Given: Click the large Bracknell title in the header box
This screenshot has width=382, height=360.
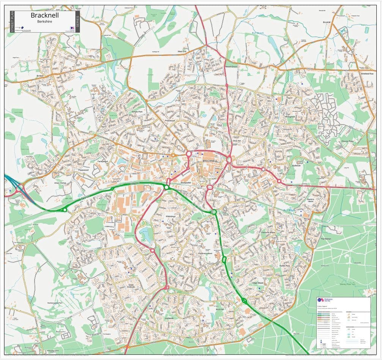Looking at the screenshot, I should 43,15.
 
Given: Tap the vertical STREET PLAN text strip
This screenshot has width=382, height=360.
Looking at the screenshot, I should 12,22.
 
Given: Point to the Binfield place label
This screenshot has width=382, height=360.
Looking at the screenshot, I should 40,76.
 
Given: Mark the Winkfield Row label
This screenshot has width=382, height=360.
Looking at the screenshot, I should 367,74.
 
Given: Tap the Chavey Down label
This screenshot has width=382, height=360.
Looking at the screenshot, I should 347,141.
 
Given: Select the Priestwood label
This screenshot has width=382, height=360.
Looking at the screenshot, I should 169,121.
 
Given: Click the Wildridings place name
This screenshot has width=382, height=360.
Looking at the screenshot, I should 170,216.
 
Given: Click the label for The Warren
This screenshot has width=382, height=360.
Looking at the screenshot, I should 325,239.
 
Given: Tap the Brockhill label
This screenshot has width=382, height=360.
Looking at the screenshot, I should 327,22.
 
